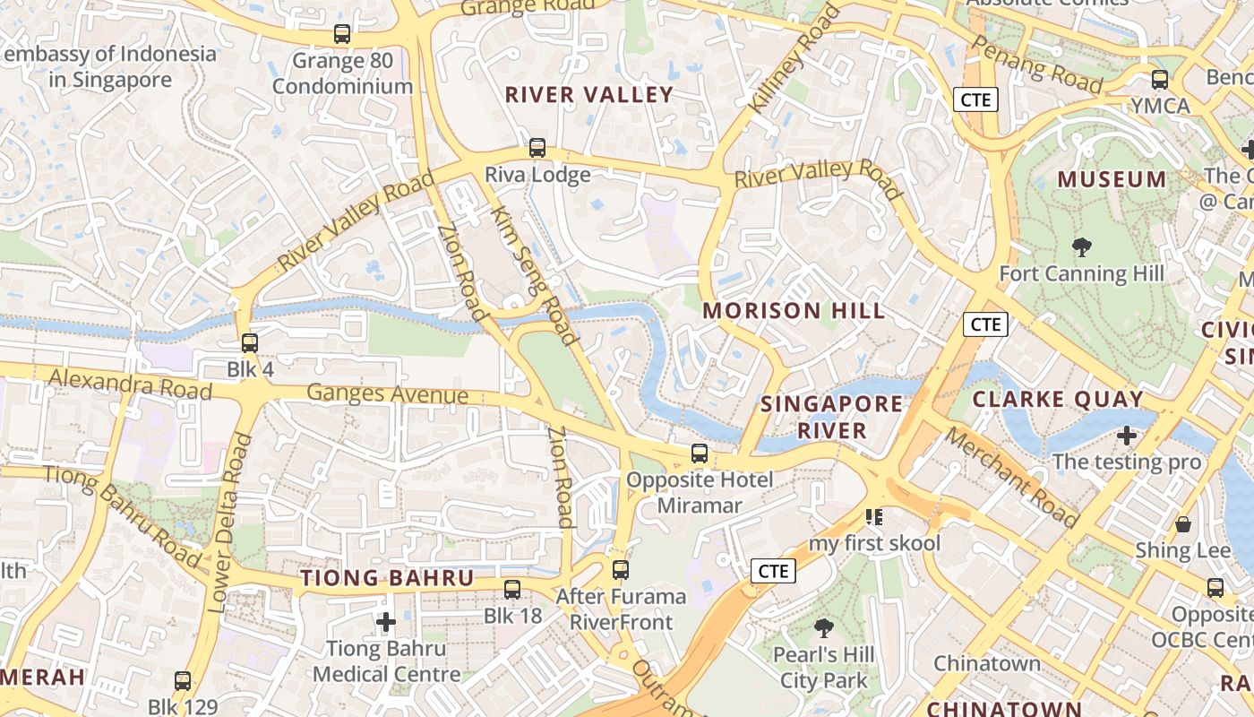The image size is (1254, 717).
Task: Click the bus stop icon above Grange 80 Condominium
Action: point(341,34)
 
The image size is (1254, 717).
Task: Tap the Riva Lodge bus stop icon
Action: point(537,148)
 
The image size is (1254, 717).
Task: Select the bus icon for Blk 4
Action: point(250,342)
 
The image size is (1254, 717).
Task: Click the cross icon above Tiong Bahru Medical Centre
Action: point(386,621)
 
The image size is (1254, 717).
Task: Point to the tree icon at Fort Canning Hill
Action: point(1081,246)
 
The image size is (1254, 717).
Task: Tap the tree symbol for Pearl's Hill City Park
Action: point(823,628)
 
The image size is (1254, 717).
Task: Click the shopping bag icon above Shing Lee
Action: point(1183,524)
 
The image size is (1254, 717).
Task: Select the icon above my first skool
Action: point(874,517)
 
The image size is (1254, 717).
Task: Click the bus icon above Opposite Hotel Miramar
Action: point(700,454)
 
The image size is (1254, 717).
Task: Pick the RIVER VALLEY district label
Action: point(588,95)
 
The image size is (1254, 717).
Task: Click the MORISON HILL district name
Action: point(794,311)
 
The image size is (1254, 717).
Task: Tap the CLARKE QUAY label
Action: point(1058,399)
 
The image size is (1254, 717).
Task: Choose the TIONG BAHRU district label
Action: point(387,578)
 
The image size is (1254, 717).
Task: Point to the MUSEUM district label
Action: point(1112,179)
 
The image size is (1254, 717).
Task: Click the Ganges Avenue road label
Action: point(387,394)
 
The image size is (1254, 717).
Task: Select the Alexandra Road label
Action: point(130,384)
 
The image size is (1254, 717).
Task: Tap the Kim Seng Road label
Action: point(533,276)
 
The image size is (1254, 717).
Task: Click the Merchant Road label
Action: point(1011,477)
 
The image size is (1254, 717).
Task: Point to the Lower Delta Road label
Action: point(230,523)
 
